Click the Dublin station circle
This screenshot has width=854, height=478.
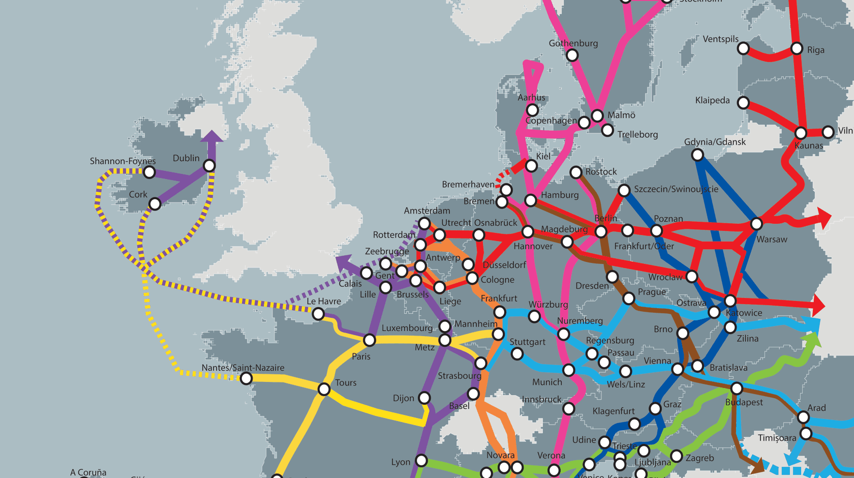click(x=209, y=165)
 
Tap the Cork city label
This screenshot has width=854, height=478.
click(x=138, y=194)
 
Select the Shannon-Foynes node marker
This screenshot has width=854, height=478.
click(x=149, y=172)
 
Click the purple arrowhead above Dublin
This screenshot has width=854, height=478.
click(x=211, y=136)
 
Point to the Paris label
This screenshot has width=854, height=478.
click(x=361, y=356)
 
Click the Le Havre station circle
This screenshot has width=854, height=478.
click(x=318, y=314)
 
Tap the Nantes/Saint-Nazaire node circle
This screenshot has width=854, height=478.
click(x=246, y=378)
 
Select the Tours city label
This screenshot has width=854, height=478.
click(x=346, y=382)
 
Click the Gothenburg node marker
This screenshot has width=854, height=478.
click(x=572, y=55)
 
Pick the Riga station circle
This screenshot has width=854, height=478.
click(x=797, y=49)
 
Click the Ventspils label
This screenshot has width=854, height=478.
click(x=720, y=39)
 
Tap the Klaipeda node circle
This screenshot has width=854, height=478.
click(x=743, y=103)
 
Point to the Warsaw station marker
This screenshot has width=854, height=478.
click(x=756, y=224)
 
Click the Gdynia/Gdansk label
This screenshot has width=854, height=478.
click(x=715, y=142)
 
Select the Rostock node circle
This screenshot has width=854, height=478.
click(x=576, y=172)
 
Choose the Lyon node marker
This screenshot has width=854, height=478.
click(x=421, y=461)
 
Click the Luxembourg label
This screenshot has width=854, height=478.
click(x=407, y=328)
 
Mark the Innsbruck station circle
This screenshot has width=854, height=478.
click(x=569, y=408)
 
